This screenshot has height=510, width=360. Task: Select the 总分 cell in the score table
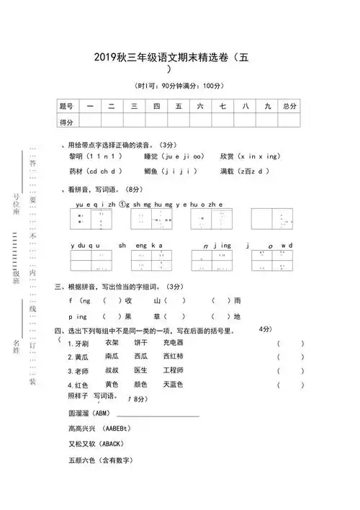(x=289, y=106)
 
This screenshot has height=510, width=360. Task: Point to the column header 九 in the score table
(x=266, y=106)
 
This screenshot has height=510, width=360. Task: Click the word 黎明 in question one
(x=76, y=156)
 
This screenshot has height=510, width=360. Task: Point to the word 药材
(x=76, y=171)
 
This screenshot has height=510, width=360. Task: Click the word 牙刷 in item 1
(x=81, y=344)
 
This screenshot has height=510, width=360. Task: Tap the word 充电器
(x=173, y=343)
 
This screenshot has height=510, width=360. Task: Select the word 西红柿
(x=173, y=357)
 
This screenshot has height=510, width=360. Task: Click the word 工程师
(x=173, y=370)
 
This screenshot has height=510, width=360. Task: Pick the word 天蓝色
(x=173, y=384)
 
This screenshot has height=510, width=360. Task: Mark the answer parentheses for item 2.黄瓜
(x=290, y=357)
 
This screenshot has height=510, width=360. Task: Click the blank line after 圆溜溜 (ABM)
(x=163, y=415)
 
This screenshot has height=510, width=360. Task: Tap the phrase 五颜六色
(x=81, y=460)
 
